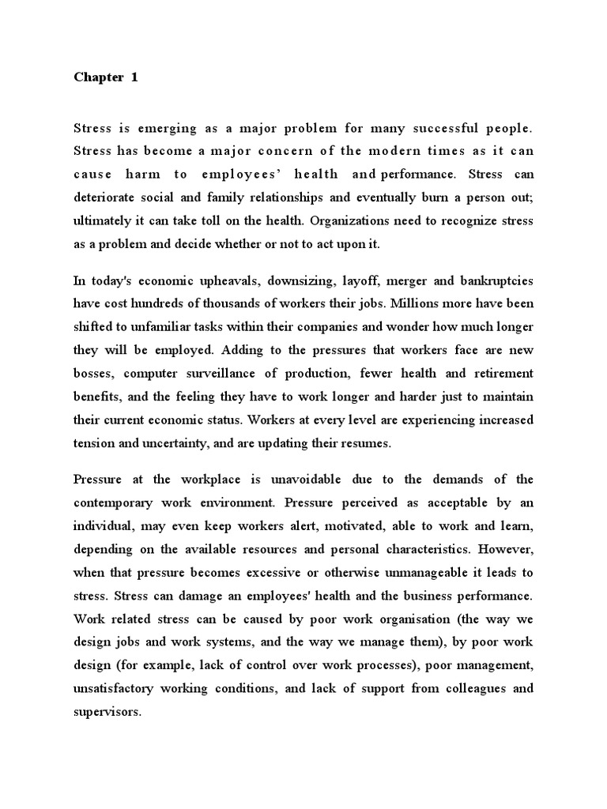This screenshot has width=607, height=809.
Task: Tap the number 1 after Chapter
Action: coord(134,77)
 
